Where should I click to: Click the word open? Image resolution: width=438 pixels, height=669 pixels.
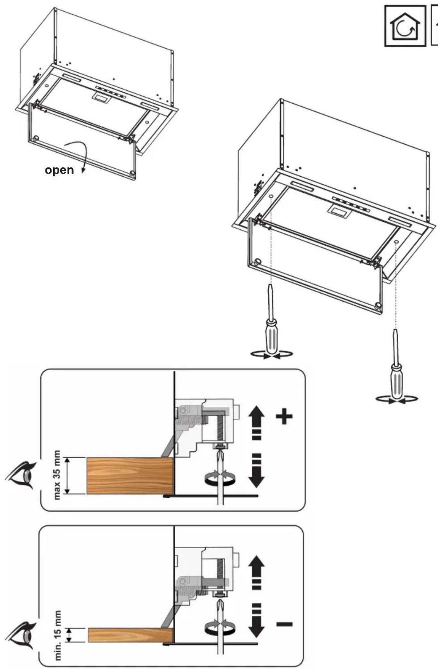pyautogui.click(x=59, y=170)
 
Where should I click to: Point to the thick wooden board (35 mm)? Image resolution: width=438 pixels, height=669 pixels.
pyautogui.click(x=130, y=476)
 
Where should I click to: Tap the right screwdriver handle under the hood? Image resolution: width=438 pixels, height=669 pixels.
pyautogui.click(x=397, y=381)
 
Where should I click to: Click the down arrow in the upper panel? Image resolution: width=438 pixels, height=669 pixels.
pyautogui.click(x=256, y=470)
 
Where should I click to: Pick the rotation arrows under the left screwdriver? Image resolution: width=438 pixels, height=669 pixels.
pyautogui.click(x=271, y=355)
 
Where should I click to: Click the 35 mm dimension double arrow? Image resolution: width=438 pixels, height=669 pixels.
pyautogui.click(x=67, y=476)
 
